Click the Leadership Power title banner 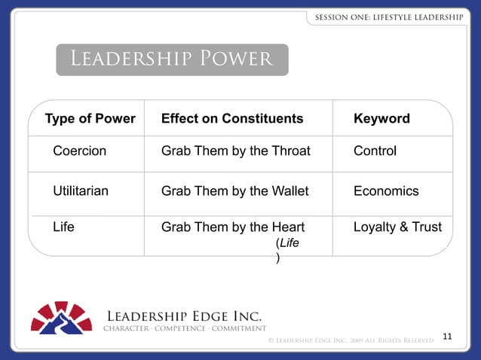click(x=172, y=59)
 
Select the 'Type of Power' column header click(x=90, y=119)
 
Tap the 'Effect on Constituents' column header click(x=232, y=119)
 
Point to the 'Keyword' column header click(x=381, y=119)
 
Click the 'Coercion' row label click(x=79, y=151)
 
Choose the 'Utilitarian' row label click(x=81, y=191)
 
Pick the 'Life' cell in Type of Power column click(x=63, y=225)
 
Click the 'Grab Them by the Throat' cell click(x=236, y=151)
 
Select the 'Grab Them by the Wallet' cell click(x=235, y=191)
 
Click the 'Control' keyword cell click(x=375, y=151)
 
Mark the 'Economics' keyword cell click(x=385, y=191)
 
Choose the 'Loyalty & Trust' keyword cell click(x=397, y=225)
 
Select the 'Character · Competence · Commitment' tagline click(x=184, y=328)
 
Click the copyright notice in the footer click(x=351, y=341)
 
